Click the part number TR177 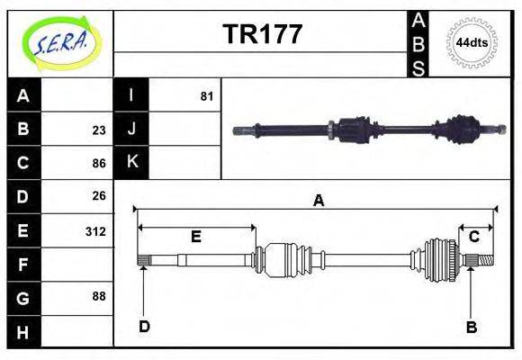[x=262, y=35]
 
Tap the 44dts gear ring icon [x=472, y=42]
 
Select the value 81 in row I [x=207, y=95]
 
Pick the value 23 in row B [x=99, y=130]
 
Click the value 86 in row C [x=99, y=164]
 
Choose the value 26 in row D [x=99, y=195]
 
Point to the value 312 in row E [x=95, y=231]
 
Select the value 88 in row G [x=99, y=296]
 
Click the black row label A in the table [x=23, y=95]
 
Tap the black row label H [x=23, y=332]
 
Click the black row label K [x=131, y=162]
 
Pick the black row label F [x=23, y=265]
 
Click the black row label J [x=131, y=129]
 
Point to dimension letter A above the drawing [x=318, y=201]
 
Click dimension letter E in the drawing [x=195, y=237]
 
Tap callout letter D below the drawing [x=144, y=326]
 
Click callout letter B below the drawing [x=471, y=327]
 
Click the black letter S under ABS [x=418, y=67]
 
